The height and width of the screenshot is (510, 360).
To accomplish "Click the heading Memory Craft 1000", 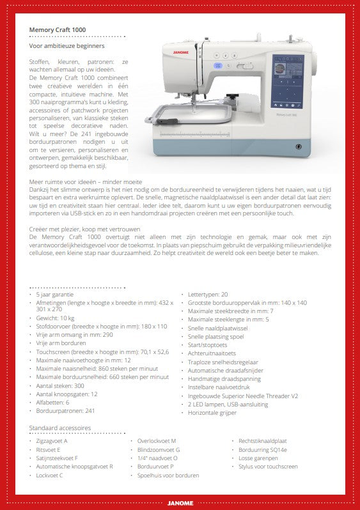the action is (58, 29).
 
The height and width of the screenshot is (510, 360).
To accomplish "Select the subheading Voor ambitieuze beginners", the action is (67, 46).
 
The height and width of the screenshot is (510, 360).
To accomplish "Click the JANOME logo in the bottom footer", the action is (180, 503).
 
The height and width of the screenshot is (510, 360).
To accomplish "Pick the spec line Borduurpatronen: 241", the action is (65, 410).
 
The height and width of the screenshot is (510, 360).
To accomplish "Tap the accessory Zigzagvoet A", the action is (52, 441).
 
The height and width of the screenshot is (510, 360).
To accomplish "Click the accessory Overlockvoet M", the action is (156, 441).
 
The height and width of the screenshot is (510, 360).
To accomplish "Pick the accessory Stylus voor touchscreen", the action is (268, 467).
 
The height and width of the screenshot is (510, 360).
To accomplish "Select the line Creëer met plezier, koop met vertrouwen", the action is (84, 228).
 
